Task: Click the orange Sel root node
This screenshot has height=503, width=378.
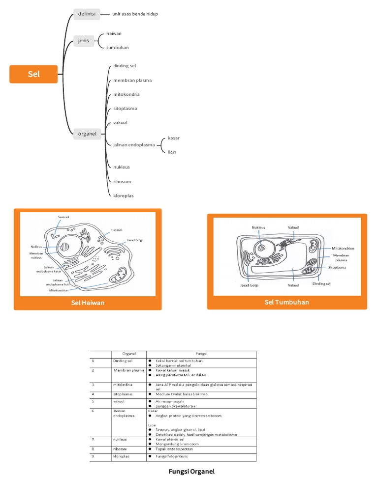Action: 33,74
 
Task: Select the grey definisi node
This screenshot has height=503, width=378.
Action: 87,14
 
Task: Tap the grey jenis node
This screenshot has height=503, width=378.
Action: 83,40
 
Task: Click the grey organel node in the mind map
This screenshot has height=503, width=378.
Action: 87,133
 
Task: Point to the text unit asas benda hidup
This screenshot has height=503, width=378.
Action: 135,14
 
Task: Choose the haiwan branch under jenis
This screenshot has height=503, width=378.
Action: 114,33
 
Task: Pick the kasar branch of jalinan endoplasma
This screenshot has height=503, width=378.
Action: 174,138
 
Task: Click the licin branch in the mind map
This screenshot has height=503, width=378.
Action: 172,152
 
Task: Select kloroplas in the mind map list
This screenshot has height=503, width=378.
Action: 124,196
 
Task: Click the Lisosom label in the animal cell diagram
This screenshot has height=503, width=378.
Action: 117,229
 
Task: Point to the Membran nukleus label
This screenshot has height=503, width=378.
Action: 35,255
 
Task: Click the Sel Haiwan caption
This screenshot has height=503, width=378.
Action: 87,303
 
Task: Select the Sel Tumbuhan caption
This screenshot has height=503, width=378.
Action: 286,302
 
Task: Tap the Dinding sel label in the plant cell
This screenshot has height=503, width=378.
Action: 321,283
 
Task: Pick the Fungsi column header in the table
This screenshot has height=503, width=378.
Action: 201,354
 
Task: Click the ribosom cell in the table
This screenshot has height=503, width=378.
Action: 120,449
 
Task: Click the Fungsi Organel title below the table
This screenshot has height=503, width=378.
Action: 191,472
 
